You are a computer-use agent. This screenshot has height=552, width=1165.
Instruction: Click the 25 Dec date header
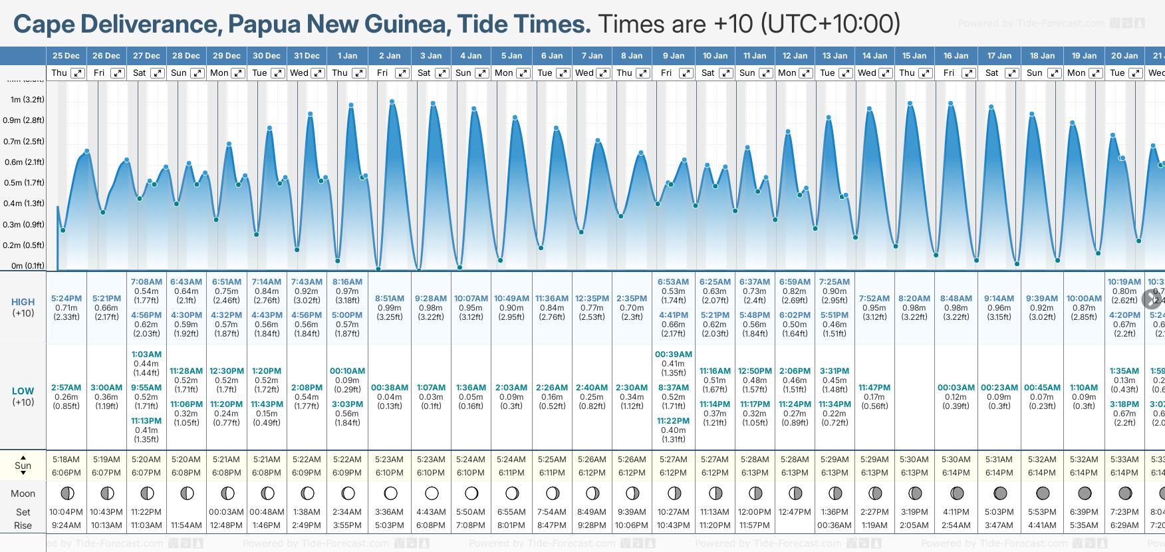tap(66, 56)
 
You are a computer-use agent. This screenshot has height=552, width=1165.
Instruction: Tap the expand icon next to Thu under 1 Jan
tap(359, 73)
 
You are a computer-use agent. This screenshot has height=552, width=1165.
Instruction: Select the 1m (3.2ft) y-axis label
tap(27, 100)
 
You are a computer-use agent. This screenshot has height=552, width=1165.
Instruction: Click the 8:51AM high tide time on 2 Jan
tap(389, 299)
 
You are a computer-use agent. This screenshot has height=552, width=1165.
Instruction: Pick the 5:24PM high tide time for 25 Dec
tap(66, 299)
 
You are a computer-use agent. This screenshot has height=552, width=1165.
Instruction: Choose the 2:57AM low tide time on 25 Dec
tap(66, 388)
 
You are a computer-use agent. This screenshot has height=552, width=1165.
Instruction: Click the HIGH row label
tap(23, 302)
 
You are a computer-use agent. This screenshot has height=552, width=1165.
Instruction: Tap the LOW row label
tap(23, 391)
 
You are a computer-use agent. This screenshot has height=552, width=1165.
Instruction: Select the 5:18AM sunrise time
tap(66, 460)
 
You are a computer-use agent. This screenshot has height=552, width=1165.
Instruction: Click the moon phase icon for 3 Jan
tap(432, 493)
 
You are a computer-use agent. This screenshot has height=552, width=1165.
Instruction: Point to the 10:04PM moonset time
tap(66, 512)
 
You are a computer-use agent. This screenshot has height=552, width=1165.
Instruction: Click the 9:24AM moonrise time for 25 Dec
tap(66, 525)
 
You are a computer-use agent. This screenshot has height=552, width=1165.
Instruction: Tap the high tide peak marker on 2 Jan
tap(392, 102)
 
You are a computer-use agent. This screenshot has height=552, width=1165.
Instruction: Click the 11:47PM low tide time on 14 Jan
tap(874, 388)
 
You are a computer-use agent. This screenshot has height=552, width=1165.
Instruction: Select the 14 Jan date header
tap(874, 56)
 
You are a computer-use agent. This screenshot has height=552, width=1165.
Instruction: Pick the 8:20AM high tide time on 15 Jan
tap(914, 299)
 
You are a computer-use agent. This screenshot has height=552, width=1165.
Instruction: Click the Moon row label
tap(23, 493)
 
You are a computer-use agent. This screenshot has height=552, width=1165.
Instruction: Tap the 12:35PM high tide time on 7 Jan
tap(592, 299)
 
